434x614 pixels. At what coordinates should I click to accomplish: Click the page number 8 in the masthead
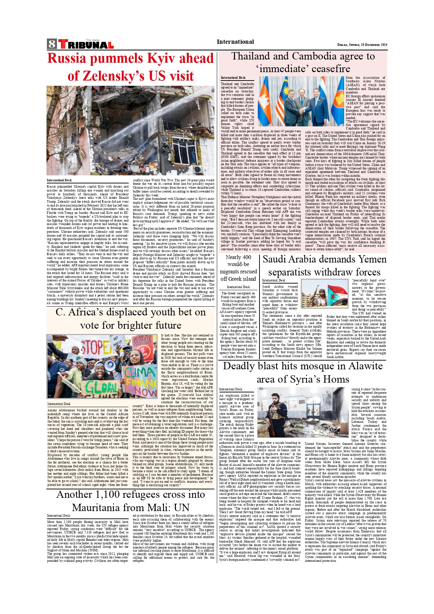coord(52,44)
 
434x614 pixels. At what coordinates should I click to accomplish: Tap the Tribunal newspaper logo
coord(86,44)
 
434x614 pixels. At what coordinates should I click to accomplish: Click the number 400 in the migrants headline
coord(247,257)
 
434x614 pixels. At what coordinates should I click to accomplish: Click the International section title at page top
coord(235,42)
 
